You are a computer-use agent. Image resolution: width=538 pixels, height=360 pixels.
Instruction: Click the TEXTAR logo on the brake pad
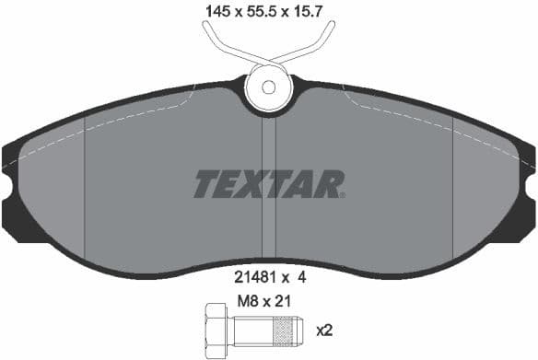tap(269, 184)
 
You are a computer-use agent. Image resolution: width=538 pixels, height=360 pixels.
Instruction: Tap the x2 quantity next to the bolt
tap(325, 330)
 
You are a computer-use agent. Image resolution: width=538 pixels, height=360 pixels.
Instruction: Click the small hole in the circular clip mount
tap(268, 88)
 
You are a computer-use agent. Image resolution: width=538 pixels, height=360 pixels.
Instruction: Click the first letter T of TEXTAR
tap(205, 184)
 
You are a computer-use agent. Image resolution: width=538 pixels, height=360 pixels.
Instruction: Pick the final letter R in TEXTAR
tap(329, 184)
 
